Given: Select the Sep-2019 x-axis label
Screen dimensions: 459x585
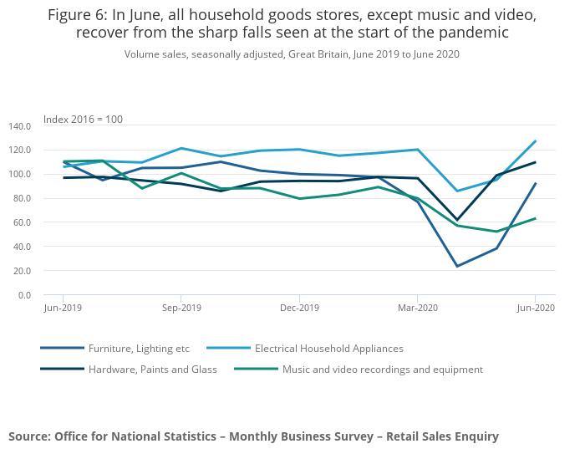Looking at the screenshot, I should click(x=181, y=308).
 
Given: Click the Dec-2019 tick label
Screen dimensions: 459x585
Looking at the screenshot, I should click(x=299, y=308).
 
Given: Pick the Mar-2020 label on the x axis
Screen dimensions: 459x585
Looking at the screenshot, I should click(x=417, y=308).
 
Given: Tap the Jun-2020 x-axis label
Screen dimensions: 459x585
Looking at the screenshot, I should click(x=535, y=308).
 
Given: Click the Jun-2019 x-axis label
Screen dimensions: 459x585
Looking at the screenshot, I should click(x=63, y=308).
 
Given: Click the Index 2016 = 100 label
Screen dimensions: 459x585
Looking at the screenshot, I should click(x=83, y=120).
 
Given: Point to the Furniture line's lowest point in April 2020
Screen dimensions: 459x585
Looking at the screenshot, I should click(x=456, y=267).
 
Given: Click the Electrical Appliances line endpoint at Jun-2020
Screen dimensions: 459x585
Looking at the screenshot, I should click(x=535, y=141).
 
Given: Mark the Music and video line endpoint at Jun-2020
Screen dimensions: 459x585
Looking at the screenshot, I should click(x=535, y=219).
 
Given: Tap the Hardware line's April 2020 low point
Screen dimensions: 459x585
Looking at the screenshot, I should click(x=456, y=220).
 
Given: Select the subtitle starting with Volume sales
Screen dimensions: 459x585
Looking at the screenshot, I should click(x=292, y=54).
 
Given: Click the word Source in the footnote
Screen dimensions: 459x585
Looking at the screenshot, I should click(x=28, y=436).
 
